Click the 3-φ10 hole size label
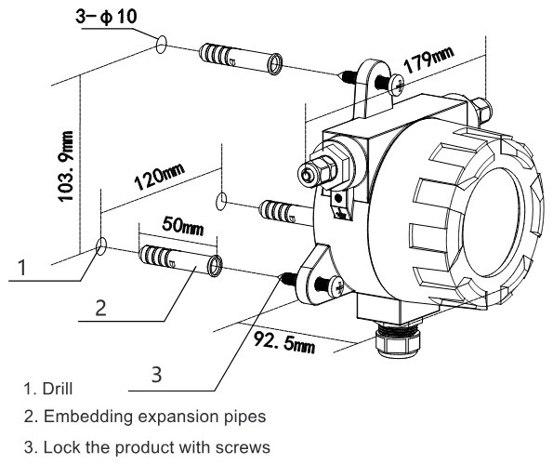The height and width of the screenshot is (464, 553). tap(106, 17)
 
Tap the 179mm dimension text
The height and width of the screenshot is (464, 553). tap(428, 60)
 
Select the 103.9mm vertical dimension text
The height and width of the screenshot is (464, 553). tap(66, 166)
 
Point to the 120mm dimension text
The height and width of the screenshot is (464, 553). tap(160, 176)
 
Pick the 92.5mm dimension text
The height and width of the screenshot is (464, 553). tap(284, 342)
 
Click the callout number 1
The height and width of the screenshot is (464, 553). tap(22, 267)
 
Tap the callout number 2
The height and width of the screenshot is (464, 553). tap(101, 308)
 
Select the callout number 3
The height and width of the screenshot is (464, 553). tap(156, 375)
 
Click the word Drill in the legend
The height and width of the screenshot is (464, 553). tap(58, 389)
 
